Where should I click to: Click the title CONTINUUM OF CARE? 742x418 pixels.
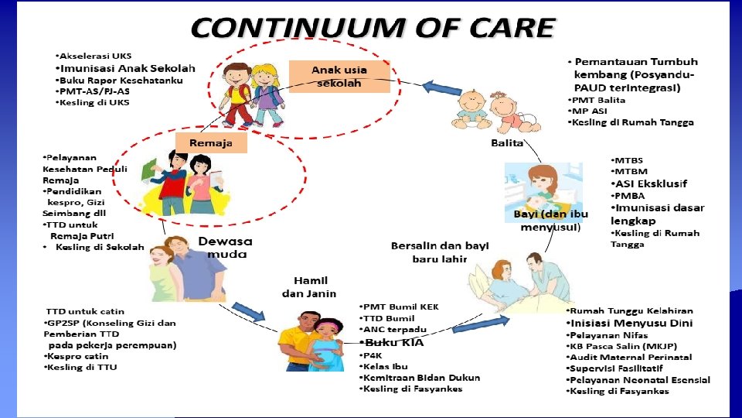tap(373, 29)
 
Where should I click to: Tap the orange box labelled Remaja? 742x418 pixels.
tap(210, 143)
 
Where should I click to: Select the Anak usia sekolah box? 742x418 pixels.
tap(339, 76)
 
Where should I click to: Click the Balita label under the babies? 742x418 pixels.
tap(507, 143)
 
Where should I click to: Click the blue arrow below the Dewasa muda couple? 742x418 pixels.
tap(249, 313)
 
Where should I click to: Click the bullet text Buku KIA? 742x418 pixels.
tap(393, 342)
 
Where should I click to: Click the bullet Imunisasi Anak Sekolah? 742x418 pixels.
tap(128, 68)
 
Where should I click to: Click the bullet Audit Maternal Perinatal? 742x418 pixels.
tap(630, 358)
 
